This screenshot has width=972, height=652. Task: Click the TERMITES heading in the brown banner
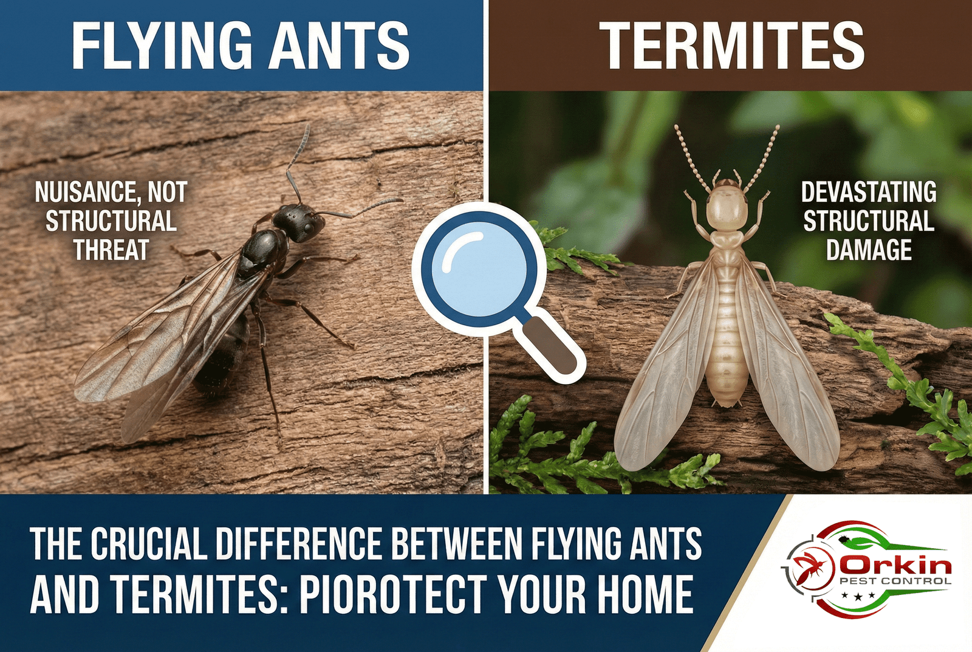[731, 46]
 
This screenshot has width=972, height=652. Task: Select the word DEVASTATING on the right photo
[869, 193]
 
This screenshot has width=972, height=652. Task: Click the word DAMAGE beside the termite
[869, 250]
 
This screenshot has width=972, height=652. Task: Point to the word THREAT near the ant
[111, 250]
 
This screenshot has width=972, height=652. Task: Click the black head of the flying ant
[298, 222]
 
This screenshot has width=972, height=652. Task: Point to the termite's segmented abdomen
[727, 340]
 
